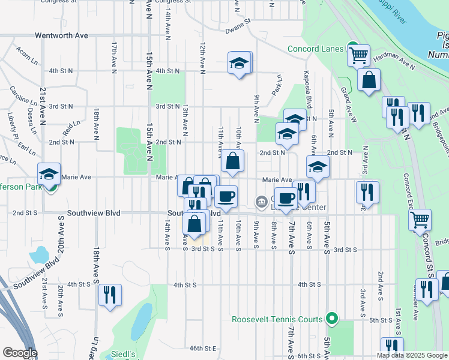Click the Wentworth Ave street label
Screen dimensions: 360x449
coord(61,35)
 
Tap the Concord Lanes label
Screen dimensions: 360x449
coord(315,49)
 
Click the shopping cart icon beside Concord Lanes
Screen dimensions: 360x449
coord(359,55)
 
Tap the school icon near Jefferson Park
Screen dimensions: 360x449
coord(49,174)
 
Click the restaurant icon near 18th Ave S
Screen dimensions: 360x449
coord(109,295)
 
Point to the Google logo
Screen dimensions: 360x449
coord(20,353)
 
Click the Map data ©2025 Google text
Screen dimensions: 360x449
coord(412,355)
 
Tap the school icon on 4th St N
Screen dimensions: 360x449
coord(240,62)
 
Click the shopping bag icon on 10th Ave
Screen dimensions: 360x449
coord(232,161)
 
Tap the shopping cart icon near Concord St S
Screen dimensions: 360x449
coord(420,219)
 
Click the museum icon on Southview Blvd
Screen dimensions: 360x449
coord(261,201)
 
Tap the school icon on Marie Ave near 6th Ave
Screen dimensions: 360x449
coord(318,167)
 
